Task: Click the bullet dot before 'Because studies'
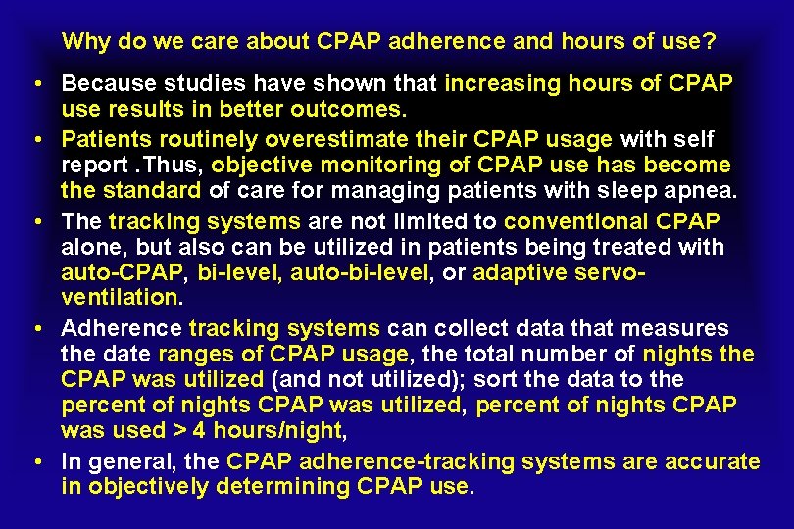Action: point(33,85)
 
